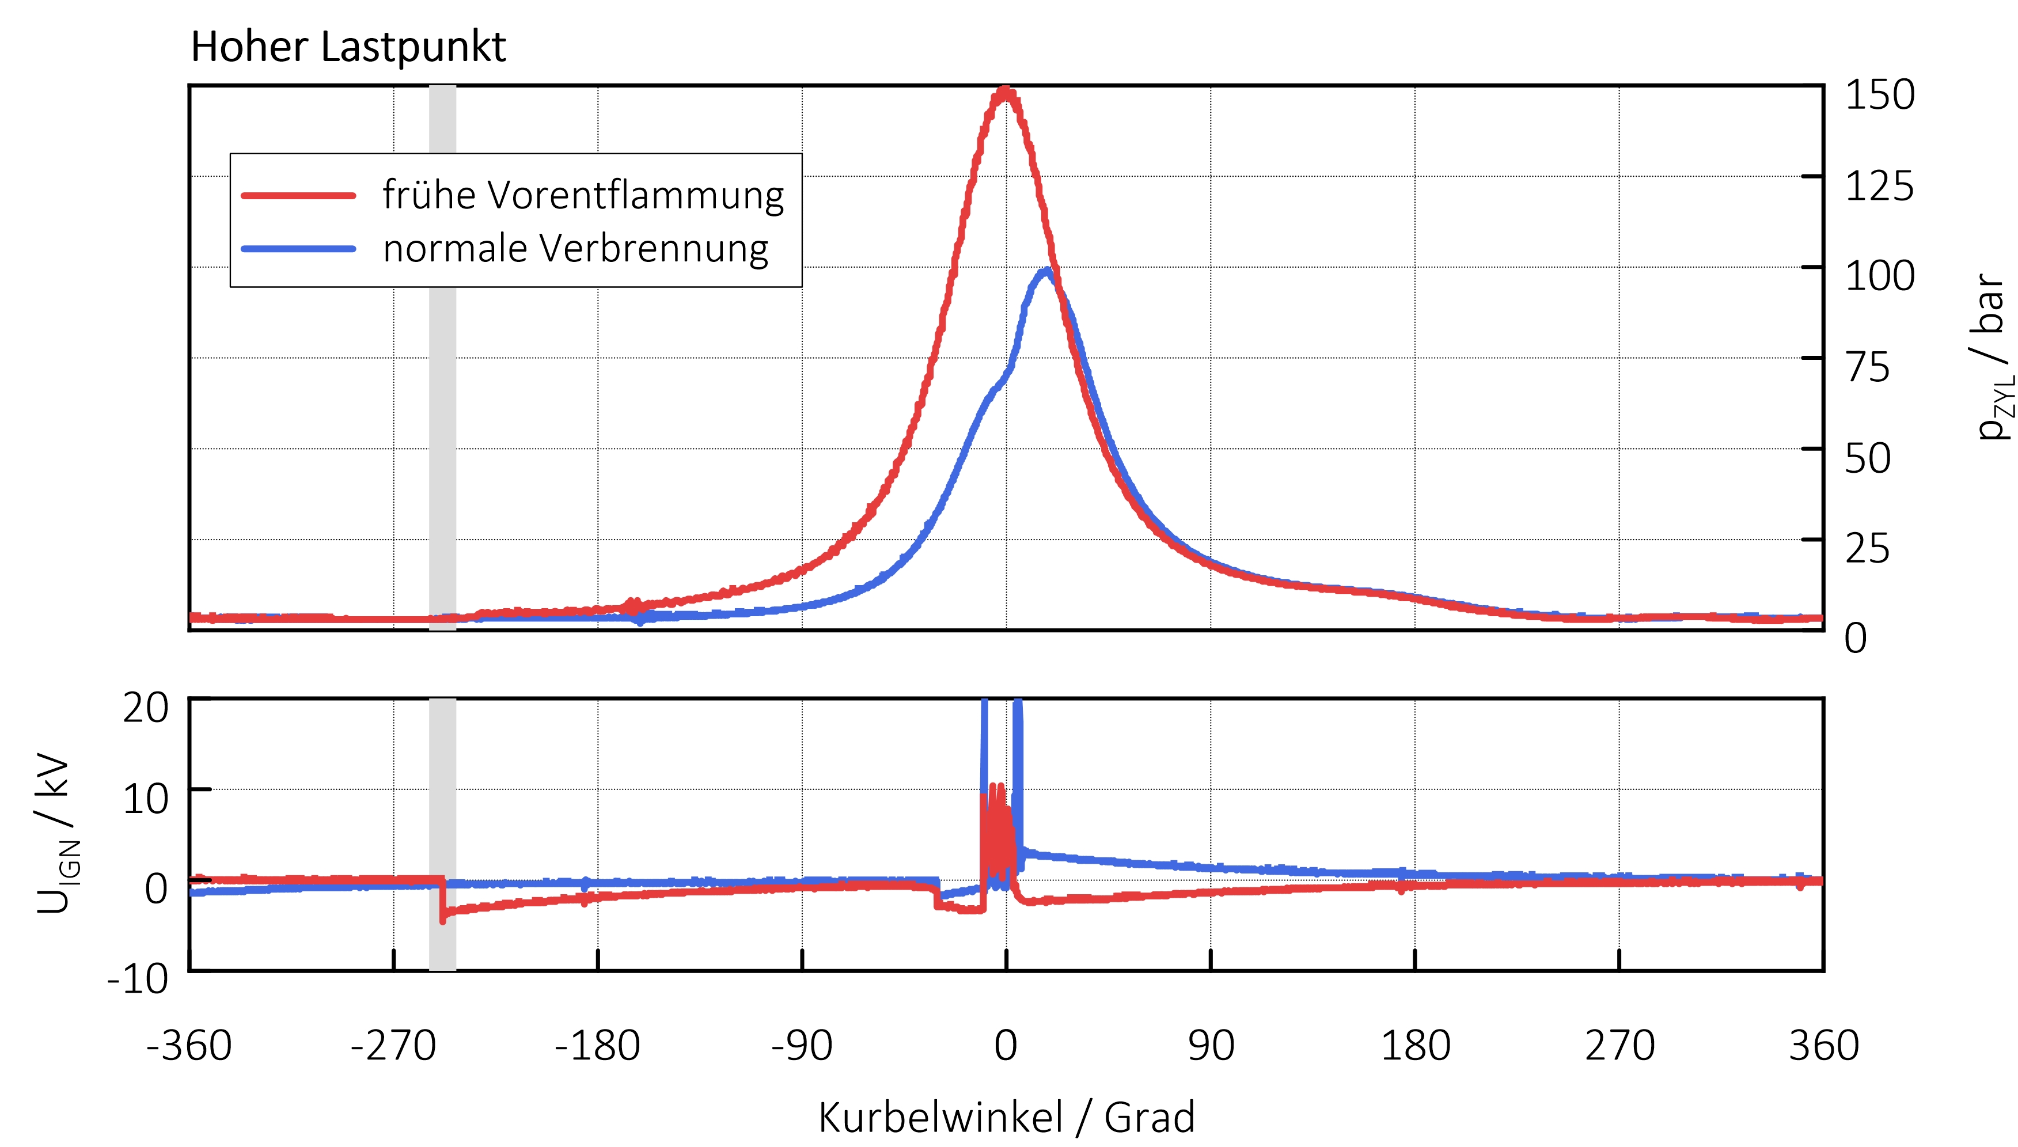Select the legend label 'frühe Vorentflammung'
(x=583, y=195)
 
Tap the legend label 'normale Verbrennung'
(x=575, y=248)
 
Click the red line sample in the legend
(x=298, y=195)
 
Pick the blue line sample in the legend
(x=298, y=249)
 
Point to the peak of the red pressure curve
(x=1004, y=92)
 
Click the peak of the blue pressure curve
(x=1045, y=272)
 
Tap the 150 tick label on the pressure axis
(x=1879, y=96)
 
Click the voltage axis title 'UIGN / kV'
(x=56, y=834)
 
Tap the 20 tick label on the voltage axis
(x=145, y=708)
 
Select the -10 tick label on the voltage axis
(x=137, y=979)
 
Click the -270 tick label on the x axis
(x=393, y=1046)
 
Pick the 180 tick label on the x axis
(x=1414, y=1046)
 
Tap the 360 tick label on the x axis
(x=1823, y=1046)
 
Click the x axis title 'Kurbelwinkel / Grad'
(x=1006, y=1117)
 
